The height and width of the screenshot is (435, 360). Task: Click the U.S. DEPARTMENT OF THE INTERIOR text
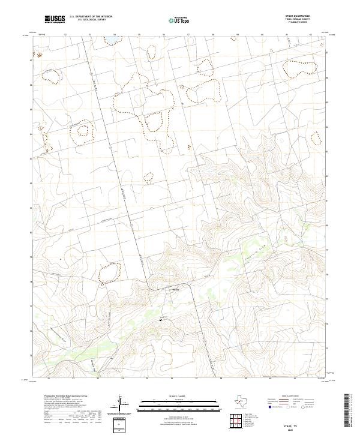coord(91,17)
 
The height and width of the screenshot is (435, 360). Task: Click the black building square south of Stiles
coord(161,320)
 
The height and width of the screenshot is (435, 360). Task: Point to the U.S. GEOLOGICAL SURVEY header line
coord(91,20)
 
